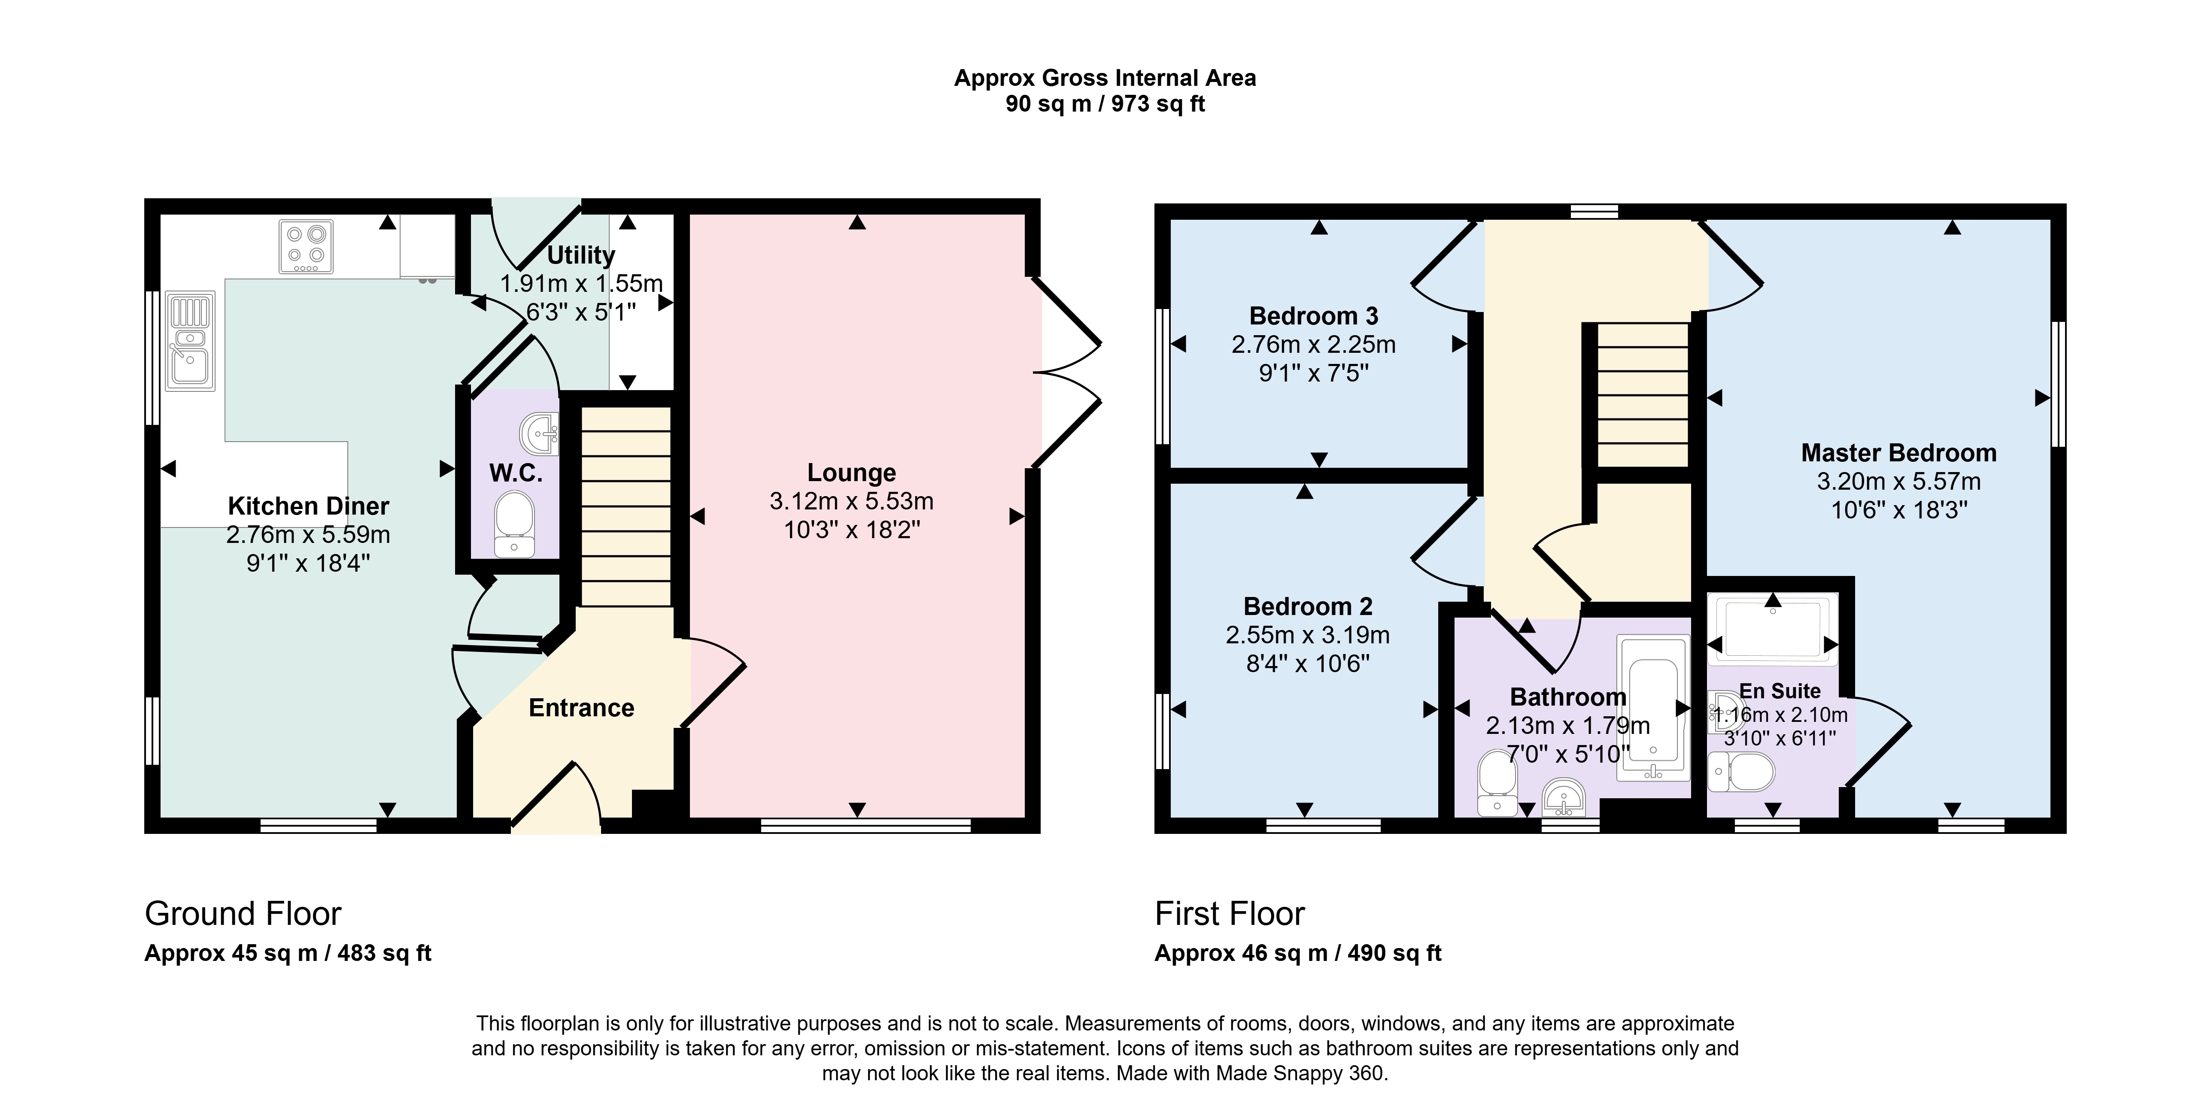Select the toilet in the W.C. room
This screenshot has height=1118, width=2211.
[514, 524]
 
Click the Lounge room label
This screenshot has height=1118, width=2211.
[851, 473]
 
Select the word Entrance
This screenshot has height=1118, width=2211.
[581, 708]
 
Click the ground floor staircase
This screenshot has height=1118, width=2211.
[626, 507]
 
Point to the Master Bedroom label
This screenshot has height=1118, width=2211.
[1898, 453]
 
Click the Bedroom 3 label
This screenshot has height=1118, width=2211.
[1313, 316]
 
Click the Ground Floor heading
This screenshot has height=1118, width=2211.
[243, 914]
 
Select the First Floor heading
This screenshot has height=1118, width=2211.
[1229, 914]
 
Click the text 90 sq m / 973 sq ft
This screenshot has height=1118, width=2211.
[1105, 104]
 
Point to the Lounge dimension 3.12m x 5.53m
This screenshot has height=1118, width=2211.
[851, 501]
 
